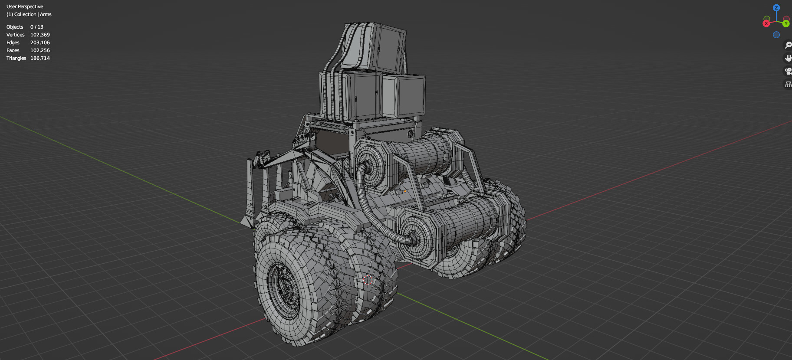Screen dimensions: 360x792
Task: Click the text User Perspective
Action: [x=25, y=7]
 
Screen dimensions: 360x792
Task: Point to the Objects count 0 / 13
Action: [x=37, y=27]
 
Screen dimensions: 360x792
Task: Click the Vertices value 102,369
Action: [x=40, y=35]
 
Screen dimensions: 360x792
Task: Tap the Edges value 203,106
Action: [x=40, y=43]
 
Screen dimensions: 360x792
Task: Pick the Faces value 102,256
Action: [x=40, y=50]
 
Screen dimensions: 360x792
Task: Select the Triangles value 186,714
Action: [x=40, y=58]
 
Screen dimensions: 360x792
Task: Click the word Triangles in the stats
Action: [x=16, y=58]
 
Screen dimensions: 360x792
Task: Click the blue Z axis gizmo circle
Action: [x=776, y=8]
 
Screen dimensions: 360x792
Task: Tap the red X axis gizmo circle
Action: [x=766, y=23]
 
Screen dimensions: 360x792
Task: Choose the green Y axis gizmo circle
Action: [x=786, y=23]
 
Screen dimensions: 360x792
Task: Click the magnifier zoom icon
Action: [x=788, y=45]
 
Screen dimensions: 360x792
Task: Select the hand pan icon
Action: [x=788, y=58]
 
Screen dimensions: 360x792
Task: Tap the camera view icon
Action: [x=788, y=71]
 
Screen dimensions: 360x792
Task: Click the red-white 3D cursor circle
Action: [x=368, y=280]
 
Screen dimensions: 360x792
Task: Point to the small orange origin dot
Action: [x=405, y=191]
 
